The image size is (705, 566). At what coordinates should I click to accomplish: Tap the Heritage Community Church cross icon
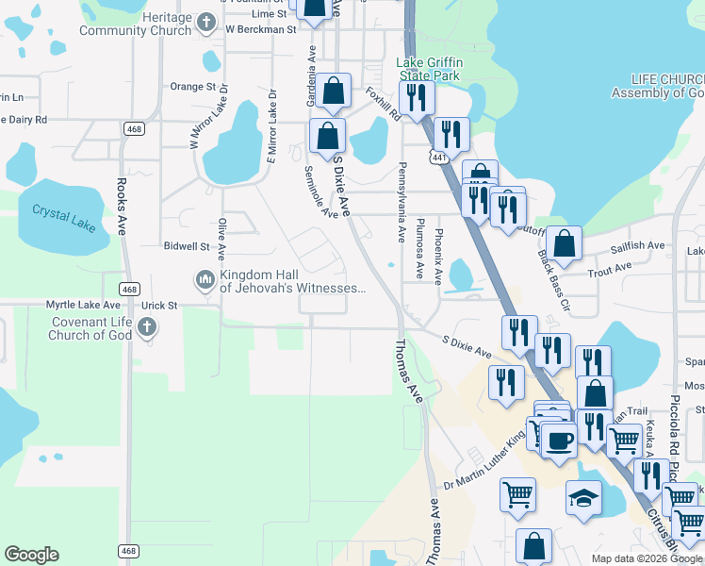206,21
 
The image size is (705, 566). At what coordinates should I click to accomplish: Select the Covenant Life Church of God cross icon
146,327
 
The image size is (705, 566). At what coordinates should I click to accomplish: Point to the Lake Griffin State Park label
428,67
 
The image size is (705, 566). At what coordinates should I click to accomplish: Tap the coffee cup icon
559,440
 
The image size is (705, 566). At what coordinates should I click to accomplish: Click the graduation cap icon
583,496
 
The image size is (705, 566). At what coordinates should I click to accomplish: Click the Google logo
31,555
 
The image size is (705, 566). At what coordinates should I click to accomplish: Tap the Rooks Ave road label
123,207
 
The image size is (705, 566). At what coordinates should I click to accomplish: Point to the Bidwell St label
186,246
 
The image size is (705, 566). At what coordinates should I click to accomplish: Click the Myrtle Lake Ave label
84,305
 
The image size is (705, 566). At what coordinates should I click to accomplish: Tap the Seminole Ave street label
321,193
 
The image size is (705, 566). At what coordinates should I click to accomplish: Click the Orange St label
193,86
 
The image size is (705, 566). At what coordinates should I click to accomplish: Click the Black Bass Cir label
554,281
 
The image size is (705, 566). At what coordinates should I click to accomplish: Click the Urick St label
159,306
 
